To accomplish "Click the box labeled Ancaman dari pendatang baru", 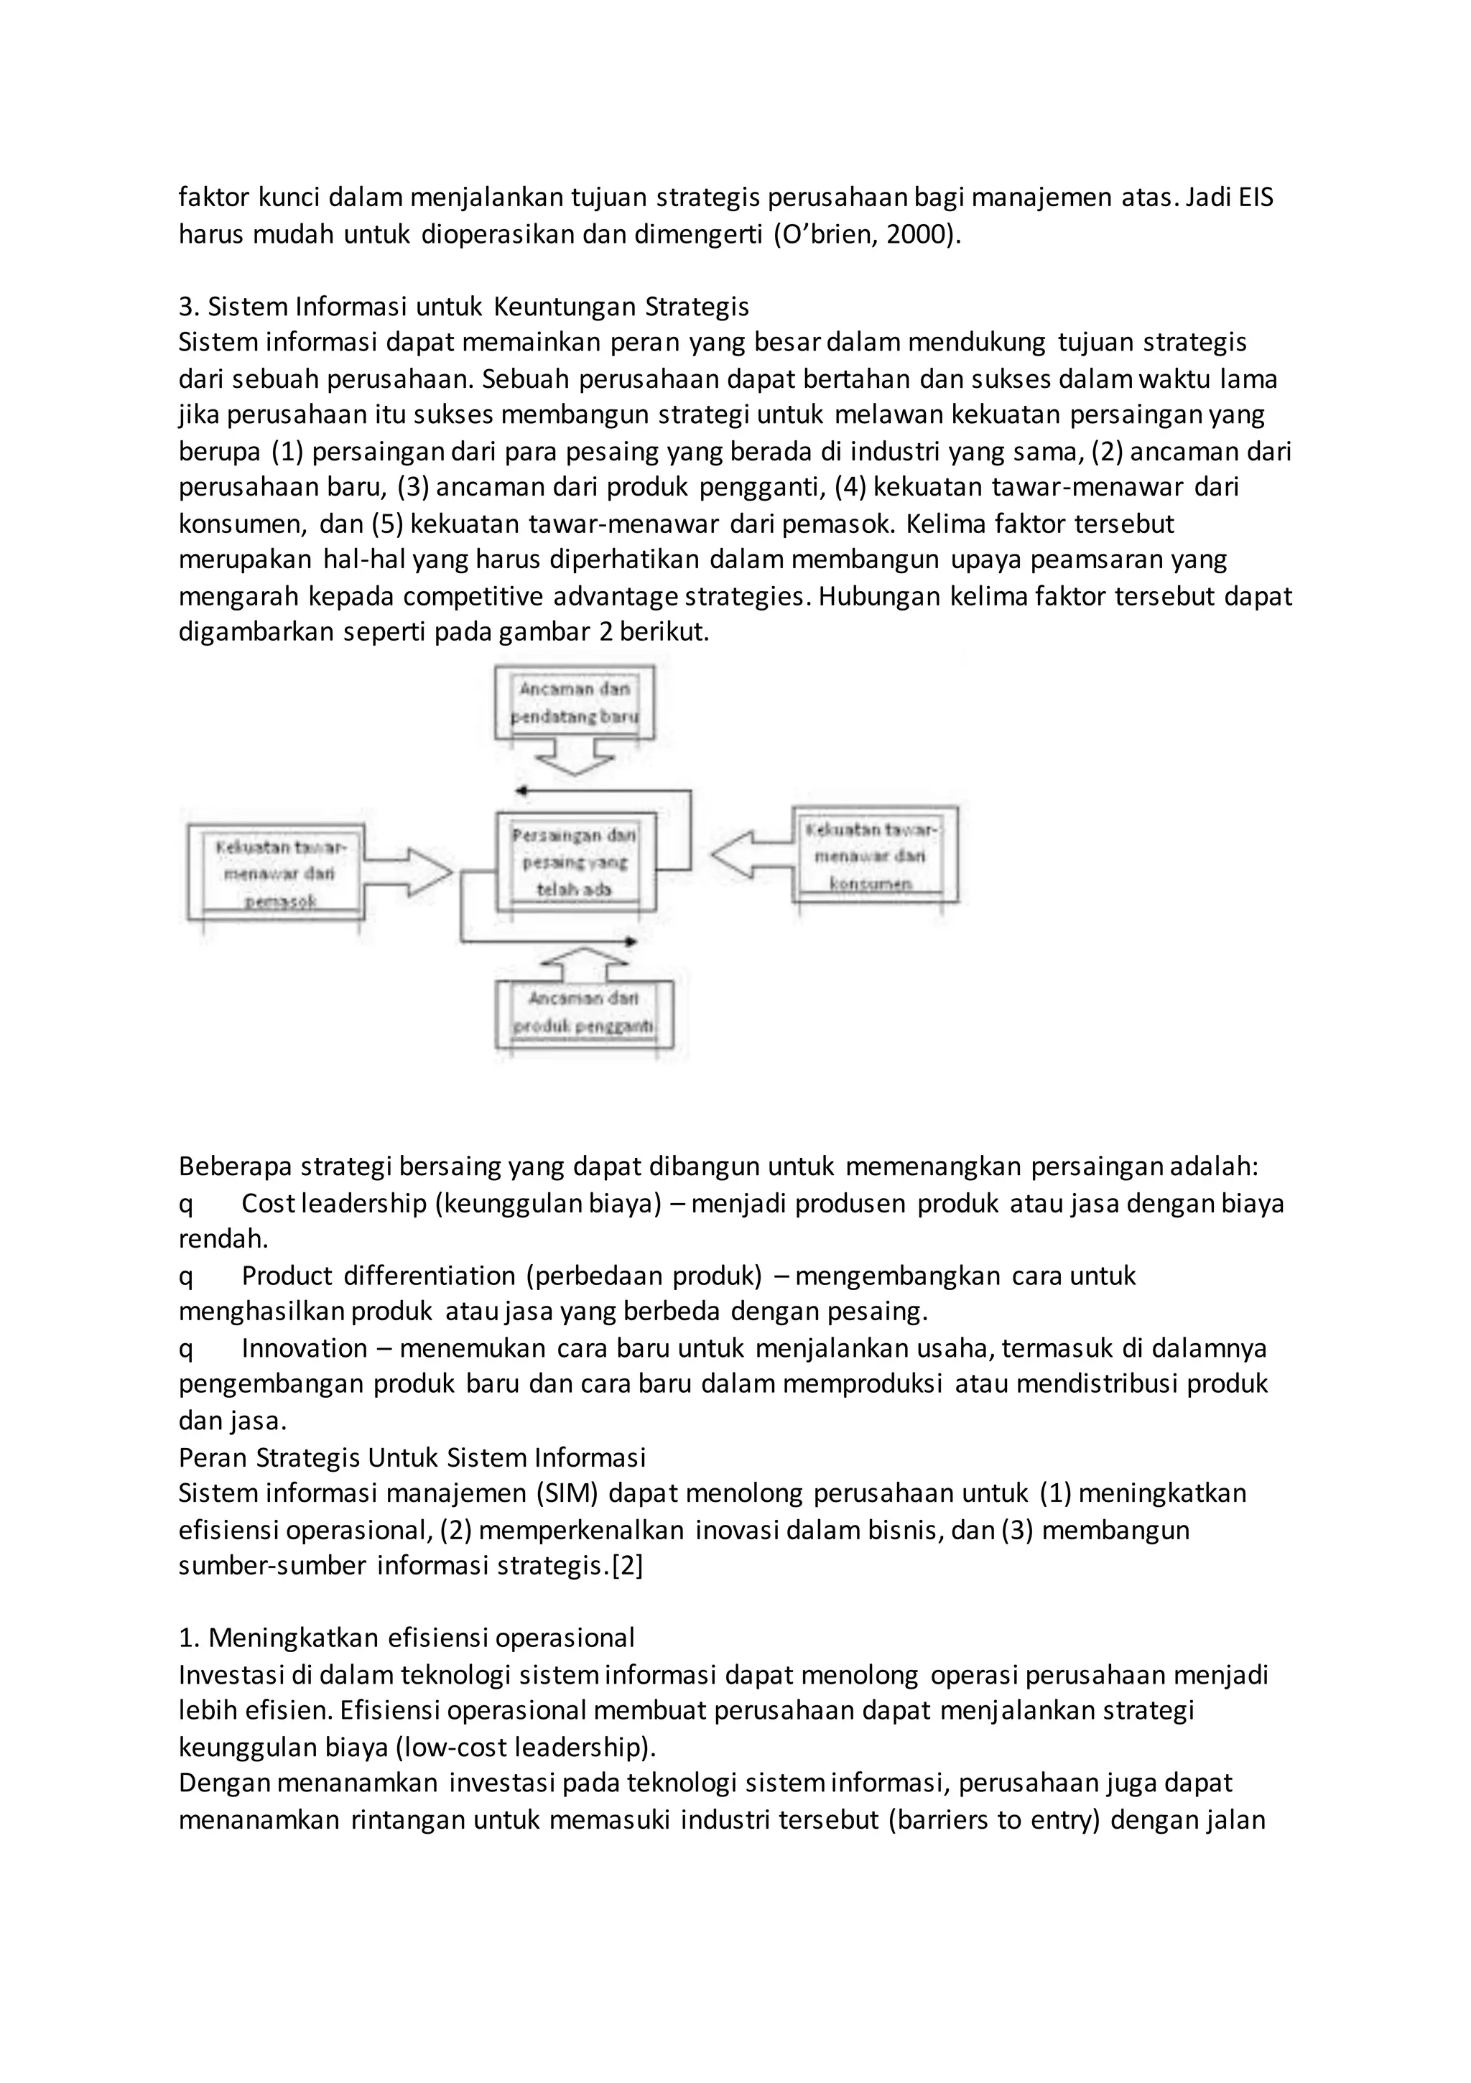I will [x=575, y=703].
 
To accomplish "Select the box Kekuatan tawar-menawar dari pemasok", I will [x=277, y=873].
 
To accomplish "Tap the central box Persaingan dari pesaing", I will [x=575, y=861].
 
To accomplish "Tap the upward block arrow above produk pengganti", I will [x=585, y=965].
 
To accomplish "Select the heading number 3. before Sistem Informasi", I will [x=189, y=307].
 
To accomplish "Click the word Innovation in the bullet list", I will [x=304, y=1348].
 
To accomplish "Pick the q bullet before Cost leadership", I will [x=186, y=1204].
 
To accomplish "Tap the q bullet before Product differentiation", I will [x=186, y=1276].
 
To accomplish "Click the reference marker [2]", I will [x=627, y=1566].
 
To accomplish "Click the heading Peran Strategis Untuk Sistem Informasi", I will [x=412, y=1457].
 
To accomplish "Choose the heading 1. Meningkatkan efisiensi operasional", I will [x=407, y=1638].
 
